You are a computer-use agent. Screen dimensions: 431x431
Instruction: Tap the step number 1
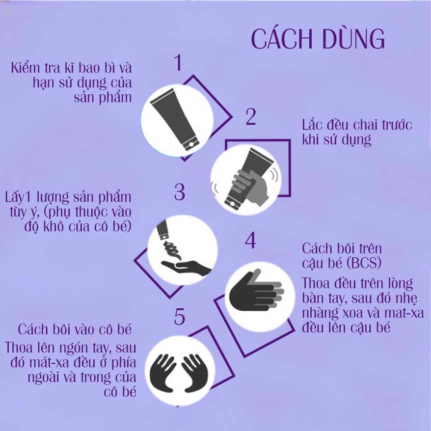pos(179,63)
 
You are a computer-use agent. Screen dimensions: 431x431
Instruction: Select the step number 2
pos(251,117)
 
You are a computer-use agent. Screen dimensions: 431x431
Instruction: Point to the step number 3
pos(180,191)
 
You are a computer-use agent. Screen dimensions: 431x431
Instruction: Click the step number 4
pos(250,241)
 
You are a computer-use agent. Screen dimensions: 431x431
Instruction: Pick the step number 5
pos(180,317)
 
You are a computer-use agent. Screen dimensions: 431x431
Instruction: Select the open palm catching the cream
pos(186,267)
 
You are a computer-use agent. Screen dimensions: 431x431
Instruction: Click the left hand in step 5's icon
pos(162,373)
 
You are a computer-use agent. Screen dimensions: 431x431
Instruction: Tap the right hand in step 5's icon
pos(194,373)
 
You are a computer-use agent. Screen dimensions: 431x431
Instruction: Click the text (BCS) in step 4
pos(364,263)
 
